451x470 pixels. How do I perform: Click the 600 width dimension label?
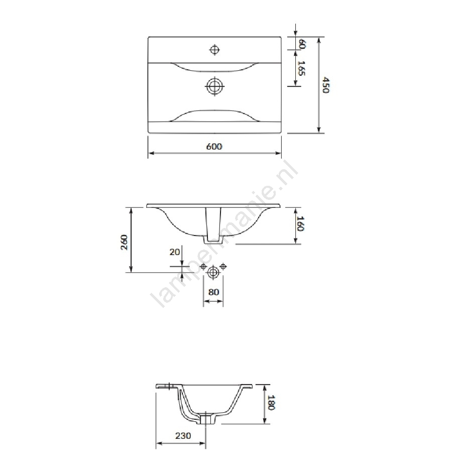pyautogui.click(x=214, y=147)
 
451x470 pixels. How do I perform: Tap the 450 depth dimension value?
pyautogui.click(x=326, y=85)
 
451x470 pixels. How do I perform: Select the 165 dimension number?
pyautogui.click(x=301, y=68)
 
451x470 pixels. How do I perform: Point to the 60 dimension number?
pyautogui.click(x=302, y=44)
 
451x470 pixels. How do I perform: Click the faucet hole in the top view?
pyautogui.click(x=214, y=49)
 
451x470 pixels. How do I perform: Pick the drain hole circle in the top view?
pyautogui.click(x=215, y=86)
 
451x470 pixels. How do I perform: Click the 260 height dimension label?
pyautogui.click(x=124, y=242)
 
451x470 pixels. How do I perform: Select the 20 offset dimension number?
pyautogui.click(x=175, y=252)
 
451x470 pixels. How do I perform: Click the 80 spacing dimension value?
pyautogui.click(x=213, y=292)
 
